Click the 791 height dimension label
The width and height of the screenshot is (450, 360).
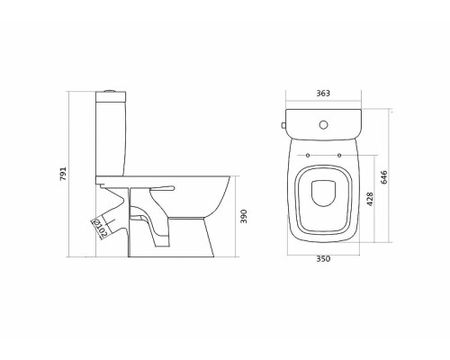click(63, 174)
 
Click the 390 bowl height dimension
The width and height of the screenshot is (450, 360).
click(244, 216)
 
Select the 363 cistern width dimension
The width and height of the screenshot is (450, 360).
click(323, 94)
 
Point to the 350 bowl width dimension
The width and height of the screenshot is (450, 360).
click(323, 258)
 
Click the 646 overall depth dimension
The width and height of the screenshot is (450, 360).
click(383, 177)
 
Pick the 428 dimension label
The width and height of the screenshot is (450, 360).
click(370, 199)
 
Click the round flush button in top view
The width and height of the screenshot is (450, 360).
click(323, 125)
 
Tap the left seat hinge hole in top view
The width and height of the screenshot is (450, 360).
click(308, 155)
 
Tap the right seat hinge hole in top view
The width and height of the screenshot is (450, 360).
click(339, 155)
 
